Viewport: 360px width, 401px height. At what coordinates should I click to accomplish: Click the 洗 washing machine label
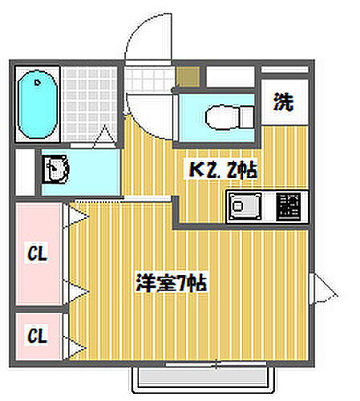(285, 102)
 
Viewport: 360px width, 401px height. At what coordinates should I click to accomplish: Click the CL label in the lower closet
(37, 333)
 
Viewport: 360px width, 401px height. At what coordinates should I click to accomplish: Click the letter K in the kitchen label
(194, 171)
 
